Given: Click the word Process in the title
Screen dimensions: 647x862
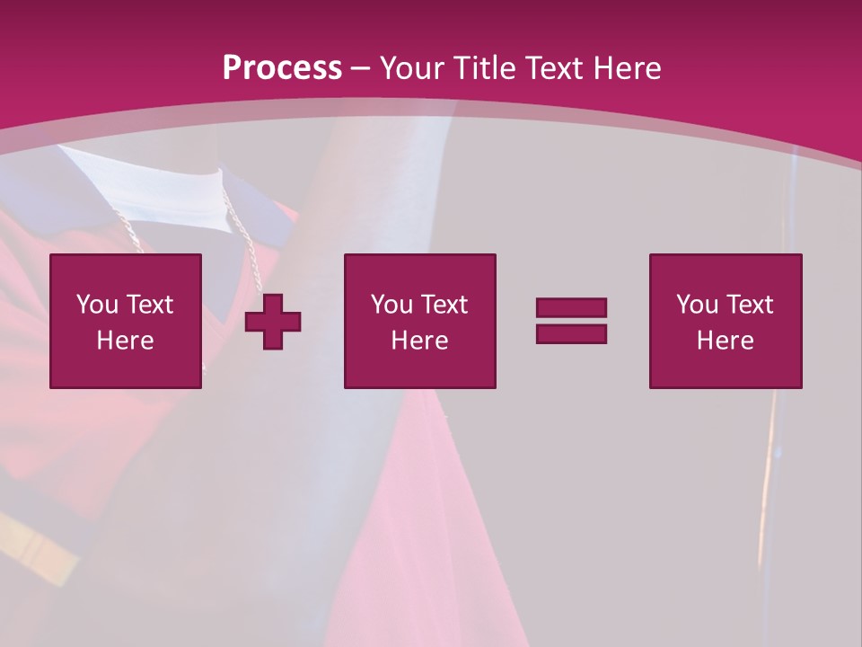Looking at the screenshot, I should (x=282, y=68).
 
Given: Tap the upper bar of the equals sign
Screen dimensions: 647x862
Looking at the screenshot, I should (x=571, y=308).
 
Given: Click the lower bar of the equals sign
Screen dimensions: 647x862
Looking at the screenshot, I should (x=571, y=333).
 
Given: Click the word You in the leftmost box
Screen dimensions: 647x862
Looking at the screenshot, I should (x=97, y=305).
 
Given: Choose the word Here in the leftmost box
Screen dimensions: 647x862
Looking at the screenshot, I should (x=125, y=341).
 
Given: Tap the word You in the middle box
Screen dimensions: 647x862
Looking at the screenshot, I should (x=391, y=305).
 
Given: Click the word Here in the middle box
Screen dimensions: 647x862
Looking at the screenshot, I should (x=419, y=341).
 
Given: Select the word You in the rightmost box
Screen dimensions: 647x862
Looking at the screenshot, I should (x=697, y=305).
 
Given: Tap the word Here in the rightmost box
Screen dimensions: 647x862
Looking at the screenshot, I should (x=725, y=341).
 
